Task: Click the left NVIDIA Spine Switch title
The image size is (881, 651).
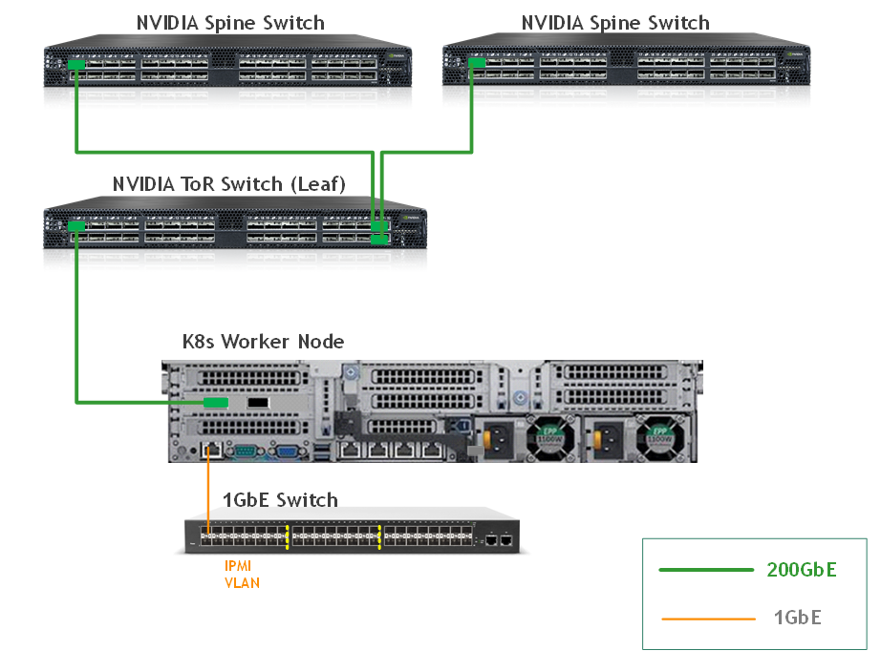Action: (230, 22)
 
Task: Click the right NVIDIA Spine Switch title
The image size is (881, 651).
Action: (615, 22)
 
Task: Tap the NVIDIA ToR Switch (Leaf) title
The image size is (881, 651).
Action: (229, 183)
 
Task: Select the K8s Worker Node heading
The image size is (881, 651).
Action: (263, 341)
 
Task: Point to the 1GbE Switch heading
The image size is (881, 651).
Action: (280, 499)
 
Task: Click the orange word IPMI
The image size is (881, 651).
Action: (239, 566)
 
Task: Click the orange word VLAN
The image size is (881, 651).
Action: (242, 582)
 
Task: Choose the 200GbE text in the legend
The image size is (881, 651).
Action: (801, 570)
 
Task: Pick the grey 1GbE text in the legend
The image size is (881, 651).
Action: (797, 618)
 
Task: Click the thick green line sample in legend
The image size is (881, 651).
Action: (705, 570)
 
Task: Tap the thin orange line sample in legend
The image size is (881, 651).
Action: (705, 619)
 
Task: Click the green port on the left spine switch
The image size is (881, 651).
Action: (76, 65)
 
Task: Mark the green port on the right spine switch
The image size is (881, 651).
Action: (474, 63)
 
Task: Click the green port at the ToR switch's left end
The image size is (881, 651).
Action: (77, 226)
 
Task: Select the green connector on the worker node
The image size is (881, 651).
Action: (216, 402)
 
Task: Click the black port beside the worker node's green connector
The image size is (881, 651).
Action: (257, 403)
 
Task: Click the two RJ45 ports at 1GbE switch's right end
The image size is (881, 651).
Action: (498, 540)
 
